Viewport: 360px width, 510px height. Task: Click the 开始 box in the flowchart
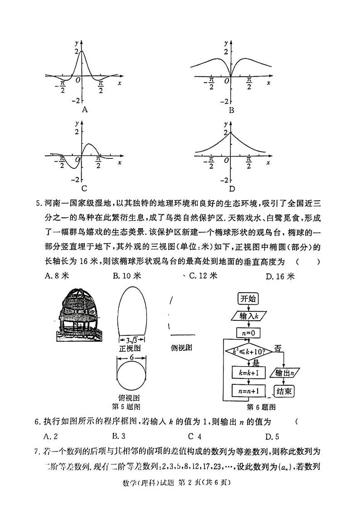coord(248,299)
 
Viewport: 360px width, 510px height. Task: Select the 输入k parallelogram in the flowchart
coord(247,315)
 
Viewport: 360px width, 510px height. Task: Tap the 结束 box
coord(283,391)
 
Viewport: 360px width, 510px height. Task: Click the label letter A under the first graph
coord(84,110)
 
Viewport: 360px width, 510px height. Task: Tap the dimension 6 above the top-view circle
coord(131,357)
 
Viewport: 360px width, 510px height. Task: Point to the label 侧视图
coord(182,348)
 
